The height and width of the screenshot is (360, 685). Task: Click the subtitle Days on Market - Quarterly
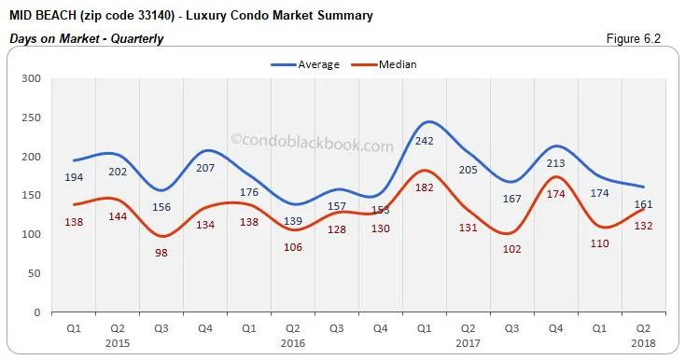point(86,38)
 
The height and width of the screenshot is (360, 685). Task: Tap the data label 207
point(204,168)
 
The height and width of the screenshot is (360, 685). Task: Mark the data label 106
point(293,247)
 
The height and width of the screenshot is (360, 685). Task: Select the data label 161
point(643,204)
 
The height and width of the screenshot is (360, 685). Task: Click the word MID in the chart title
point(21,16)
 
